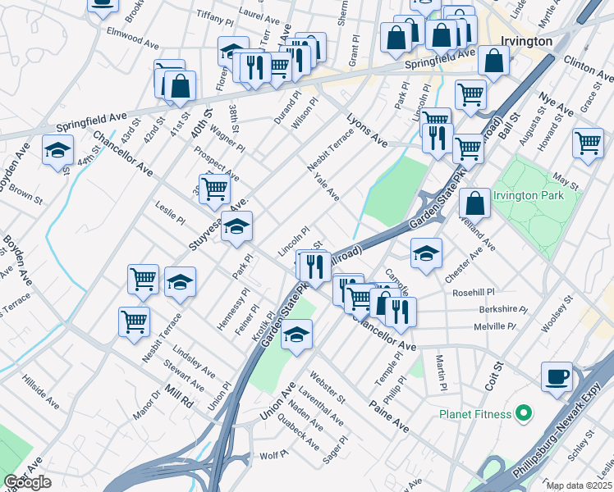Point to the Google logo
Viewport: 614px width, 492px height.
(27, 481)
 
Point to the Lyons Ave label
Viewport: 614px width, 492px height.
(366, 130)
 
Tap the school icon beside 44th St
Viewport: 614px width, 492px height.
(58, 150)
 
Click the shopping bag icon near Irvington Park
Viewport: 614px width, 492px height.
(474, 202)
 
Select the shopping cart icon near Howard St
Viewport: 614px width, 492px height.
(588, 142)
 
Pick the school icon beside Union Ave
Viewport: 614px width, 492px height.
(297, 334)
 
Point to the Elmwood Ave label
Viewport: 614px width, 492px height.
(133, 37)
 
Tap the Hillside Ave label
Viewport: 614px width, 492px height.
(40, 393)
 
